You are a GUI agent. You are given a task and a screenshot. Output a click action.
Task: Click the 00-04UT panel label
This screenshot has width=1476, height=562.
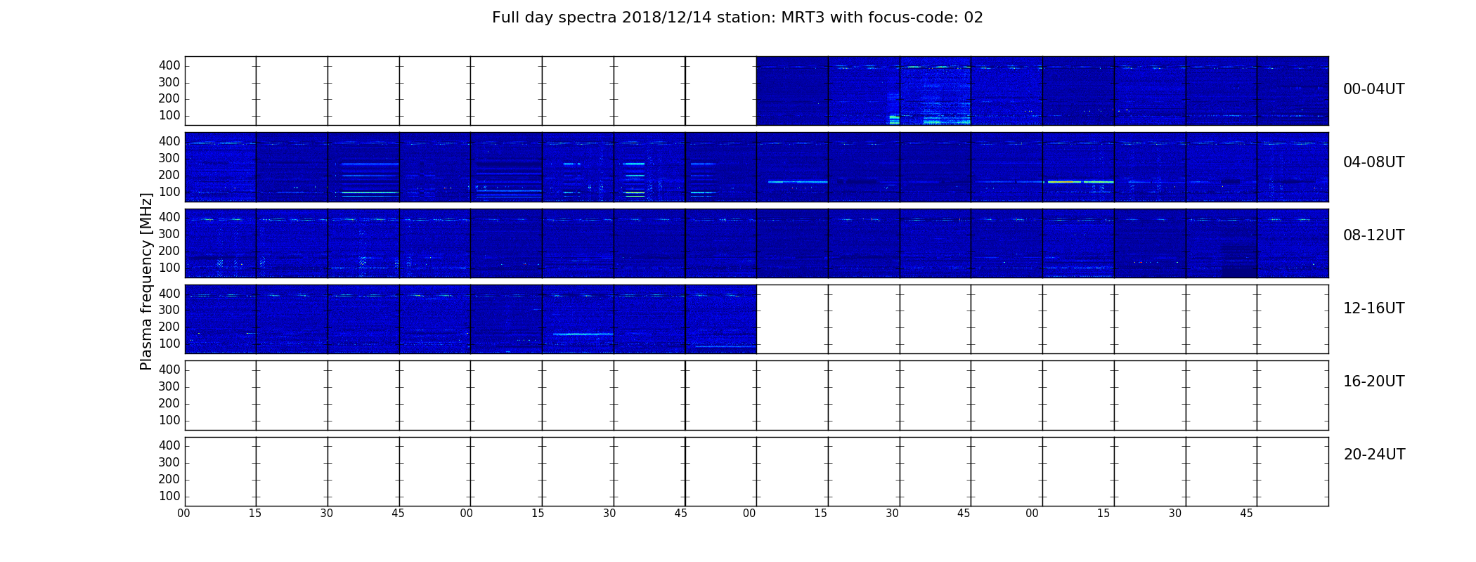click(x=1373, y=89)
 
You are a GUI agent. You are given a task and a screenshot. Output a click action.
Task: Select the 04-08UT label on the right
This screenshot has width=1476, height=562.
click(x=1373, y=162)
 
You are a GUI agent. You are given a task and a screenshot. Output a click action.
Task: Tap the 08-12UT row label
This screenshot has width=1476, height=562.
click(x=1373, y=235)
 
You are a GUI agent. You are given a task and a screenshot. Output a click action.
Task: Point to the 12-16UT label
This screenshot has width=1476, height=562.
click(x=1373, y=308)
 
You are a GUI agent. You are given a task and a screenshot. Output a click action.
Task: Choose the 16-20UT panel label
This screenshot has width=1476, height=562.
click(x=1373, y=381)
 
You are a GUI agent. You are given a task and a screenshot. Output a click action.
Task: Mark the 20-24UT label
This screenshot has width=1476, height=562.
click(x=1374, y=455)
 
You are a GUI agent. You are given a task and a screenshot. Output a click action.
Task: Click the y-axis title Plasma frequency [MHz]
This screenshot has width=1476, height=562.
click(x=146, y=281)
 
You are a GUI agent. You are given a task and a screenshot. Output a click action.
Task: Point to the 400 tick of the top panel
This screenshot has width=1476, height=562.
click(x=169, y=65)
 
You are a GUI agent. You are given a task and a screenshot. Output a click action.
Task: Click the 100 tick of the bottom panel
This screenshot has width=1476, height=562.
click(x=169, y=496)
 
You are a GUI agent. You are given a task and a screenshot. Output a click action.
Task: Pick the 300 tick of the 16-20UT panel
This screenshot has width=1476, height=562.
click(x=169, y=386)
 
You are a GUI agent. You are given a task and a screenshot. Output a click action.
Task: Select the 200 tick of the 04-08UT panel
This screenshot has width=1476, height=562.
click(x=169, y=175)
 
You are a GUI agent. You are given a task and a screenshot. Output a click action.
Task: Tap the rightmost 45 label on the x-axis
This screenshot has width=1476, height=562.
click(x=1246, y=514)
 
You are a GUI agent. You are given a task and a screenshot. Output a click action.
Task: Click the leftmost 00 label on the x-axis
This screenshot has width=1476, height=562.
click(x=183, y=514)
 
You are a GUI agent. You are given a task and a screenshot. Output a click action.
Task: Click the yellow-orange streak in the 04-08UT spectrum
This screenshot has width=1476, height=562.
click(x=1064, y=182)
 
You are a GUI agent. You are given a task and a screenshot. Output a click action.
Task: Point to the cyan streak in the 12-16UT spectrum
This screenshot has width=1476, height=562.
click(x=583, y=334)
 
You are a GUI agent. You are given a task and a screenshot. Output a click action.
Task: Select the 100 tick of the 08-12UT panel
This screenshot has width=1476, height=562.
click(x=169, y=268)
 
